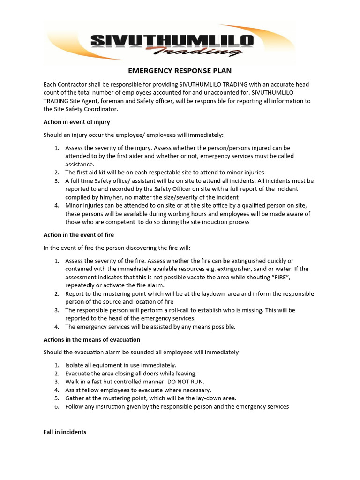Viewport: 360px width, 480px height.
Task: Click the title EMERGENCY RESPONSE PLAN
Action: click(x=180, y=71)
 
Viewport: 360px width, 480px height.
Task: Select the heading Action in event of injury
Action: click(x=76, y=122)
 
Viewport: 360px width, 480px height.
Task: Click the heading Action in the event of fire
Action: click(x=78, y=235)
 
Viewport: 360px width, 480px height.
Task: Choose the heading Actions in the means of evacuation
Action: click(x=92, y=339)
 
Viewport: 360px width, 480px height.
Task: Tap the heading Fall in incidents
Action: click(x=65, y=432)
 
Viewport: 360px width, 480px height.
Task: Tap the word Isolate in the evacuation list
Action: click(x=75, y=365)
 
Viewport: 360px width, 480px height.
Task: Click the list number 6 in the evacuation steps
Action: click(x=56, y=406)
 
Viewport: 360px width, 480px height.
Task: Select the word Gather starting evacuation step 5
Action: click(x=75, y=398)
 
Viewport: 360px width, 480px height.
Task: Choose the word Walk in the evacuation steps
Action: click(x=72, y=382)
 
